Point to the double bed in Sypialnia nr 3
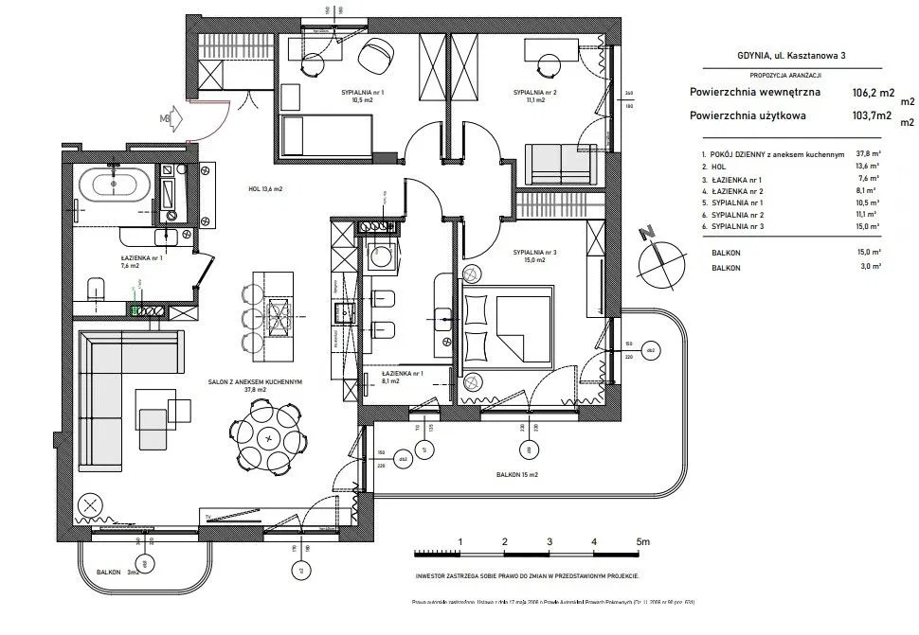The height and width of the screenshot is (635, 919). tap(512, 322)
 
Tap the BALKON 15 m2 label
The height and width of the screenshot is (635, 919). tap(516, 474)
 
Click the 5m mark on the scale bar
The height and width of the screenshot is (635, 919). tap(643, 541)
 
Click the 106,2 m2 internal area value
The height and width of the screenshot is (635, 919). tap(873, 93)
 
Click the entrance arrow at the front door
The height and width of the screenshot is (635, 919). tap(169, 118)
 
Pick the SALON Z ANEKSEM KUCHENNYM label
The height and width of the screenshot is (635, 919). tap(255, 383)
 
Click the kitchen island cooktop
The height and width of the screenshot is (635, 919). tap(281, 312)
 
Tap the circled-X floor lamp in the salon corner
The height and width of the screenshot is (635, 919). tap(91, 505)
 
